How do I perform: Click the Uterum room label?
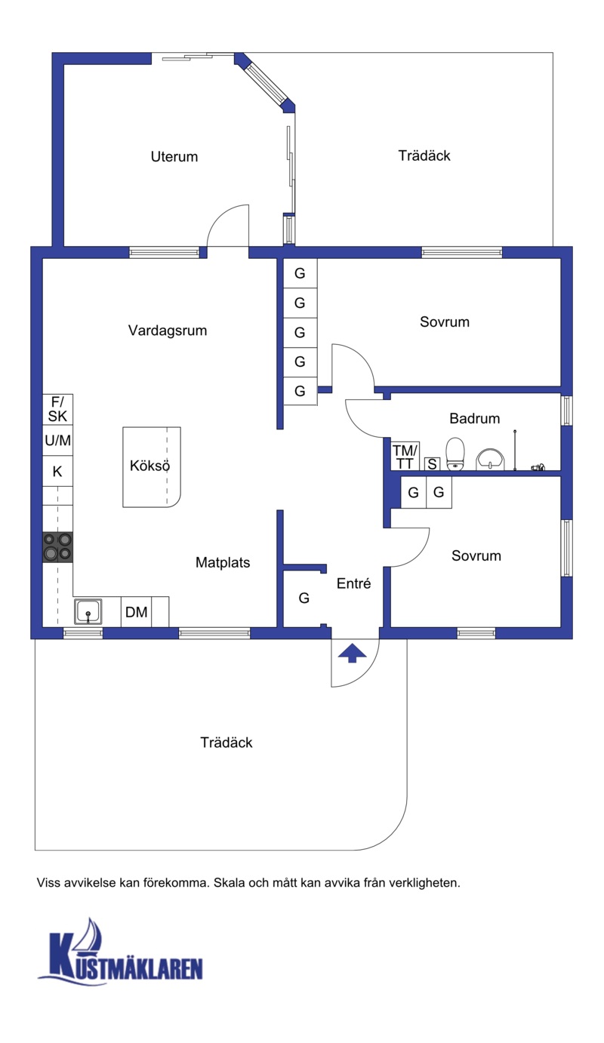(x=174, y=156)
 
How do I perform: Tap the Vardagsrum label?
(x=168, y=331)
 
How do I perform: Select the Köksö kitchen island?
(x=151, y=467)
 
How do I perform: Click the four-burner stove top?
(x=57, y=547)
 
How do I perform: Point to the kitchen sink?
(x=88, y=611)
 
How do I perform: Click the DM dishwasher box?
(x=137, y=612)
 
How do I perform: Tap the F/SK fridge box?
(x=57, y=409)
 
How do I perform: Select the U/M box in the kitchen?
(x=57, y=440)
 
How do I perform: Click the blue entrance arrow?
(x=352, y=653)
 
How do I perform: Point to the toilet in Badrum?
(x=455, y=454)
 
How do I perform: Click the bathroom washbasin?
(x=490, y=459)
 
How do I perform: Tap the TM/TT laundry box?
(x=405, y=457)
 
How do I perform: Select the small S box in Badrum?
(x=432, y=463)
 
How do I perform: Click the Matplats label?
(x=223, y=562)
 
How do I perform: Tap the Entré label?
(x=354, y=583)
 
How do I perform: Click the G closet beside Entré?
(x=304, y=598)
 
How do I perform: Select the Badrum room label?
(x=475, y=418)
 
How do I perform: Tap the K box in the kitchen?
(x=57, y=471)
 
